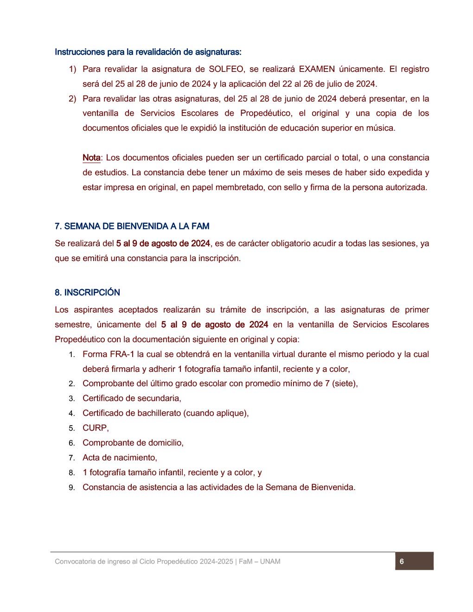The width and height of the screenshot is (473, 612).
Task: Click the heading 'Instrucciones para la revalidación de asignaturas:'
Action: (148, 52)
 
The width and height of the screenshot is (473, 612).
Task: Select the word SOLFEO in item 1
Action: (226, 69)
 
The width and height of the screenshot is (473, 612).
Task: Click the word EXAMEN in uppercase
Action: (317, 69)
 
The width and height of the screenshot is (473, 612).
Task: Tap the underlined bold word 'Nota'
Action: (91, 158)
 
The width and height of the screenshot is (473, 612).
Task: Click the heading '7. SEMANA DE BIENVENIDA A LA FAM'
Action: (132, 226)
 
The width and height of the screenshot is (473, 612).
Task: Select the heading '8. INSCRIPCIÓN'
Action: (87, 293)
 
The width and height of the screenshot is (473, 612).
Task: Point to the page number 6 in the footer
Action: (402, 561)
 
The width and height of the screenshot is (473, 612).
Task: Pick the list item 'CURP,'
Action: (96, 428)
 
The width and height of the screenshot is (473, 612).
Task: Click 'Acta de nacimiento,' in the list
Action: (120, 458)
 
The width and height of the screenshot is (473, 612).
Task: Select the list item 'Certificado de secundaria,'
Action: (132, 398)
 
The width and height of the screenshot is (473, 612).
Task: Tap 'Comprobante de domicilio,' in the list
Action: (133, 443)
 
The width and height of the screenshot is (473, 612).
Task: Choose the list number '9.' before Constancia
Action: (72, 488)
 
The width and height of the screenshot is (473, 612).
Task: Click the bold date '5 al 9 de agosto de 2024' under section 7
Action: (163, 243)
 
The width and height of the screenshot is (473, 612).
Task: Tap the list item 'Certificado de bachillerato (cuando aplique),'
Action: (166, 413)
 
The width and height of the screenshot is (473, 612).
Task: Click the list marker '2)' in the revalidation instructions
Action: (72, 99)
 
